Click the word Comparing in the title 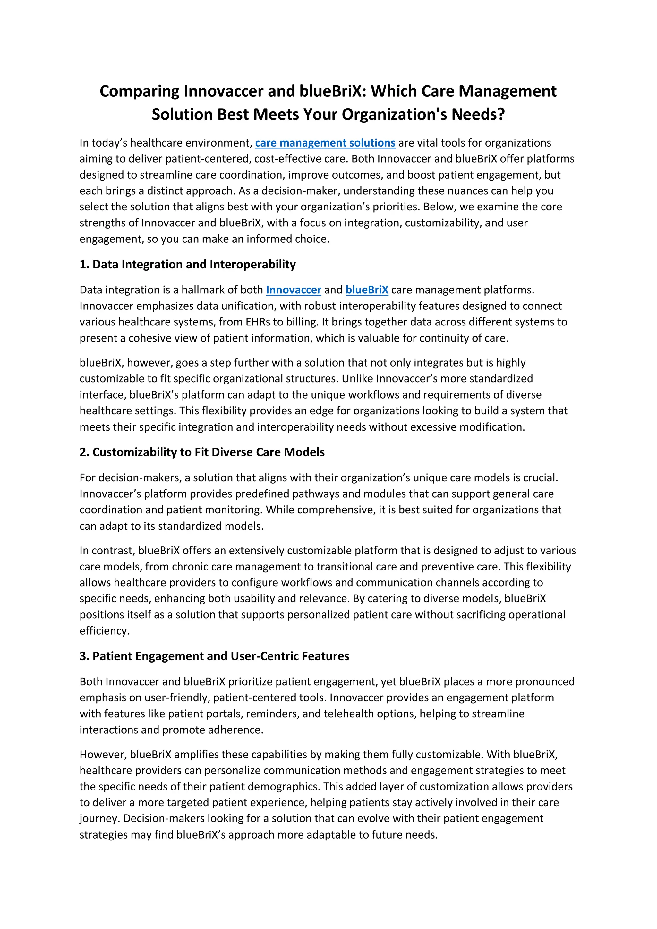click(x=139, y=91)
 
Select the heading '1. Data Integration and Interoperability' click(x=187, y=264)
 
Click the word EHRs click(x=255, y=322)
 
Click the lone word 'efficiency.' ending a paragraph click(x=105, y=631)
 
